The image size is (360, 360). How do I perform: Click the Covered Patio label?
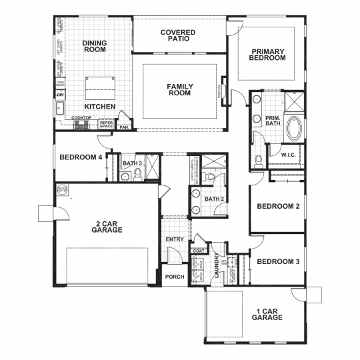click(x=178, y=35)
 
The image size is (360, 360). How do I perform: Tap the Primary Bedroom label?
click(x=268, y=55)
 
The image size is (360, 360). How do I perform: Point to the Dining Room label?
click(x=95, y=47)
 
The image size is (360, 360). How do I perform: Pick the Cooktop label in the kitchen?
click(x=81, y=118)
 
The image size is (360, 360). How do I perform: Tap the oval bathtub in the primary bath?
click(x=293, y=127)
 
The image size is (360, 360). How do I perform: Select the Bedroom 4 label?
click(x=81, y=158)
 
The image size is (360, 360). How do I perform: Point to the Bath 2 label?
click(x=213, y=199)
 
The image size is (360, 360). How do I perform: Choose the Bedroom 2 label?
click(x=278, y=206)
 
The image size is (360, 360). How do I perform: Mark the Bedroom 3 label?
click(x=278, y=261)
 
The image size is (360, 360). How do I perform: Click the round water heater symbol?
click(x=63, y=189)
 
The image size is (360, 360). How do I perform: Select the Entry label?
click(x=174, y=239)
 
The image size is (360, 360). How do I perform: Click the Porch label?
click(x=175, y=277)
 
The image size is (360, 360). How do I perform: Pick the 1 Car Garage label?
click(x=268, y=315)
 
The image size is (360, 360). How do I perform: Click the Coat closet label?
click(x=197, y=251)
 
